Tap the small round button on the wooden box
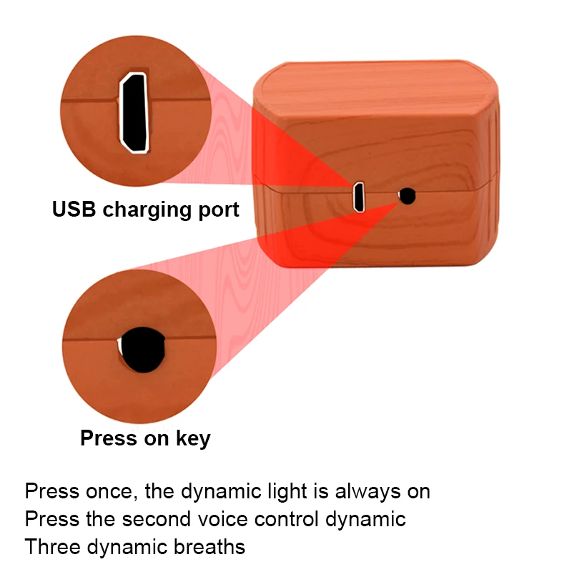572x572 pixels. tap(408, 195)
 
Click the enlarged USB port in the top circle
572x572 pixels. tap(134, 112)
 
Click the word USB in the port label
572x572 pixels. tap(74, 209)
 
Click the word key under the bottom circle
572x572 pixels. tap(192, 438)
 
